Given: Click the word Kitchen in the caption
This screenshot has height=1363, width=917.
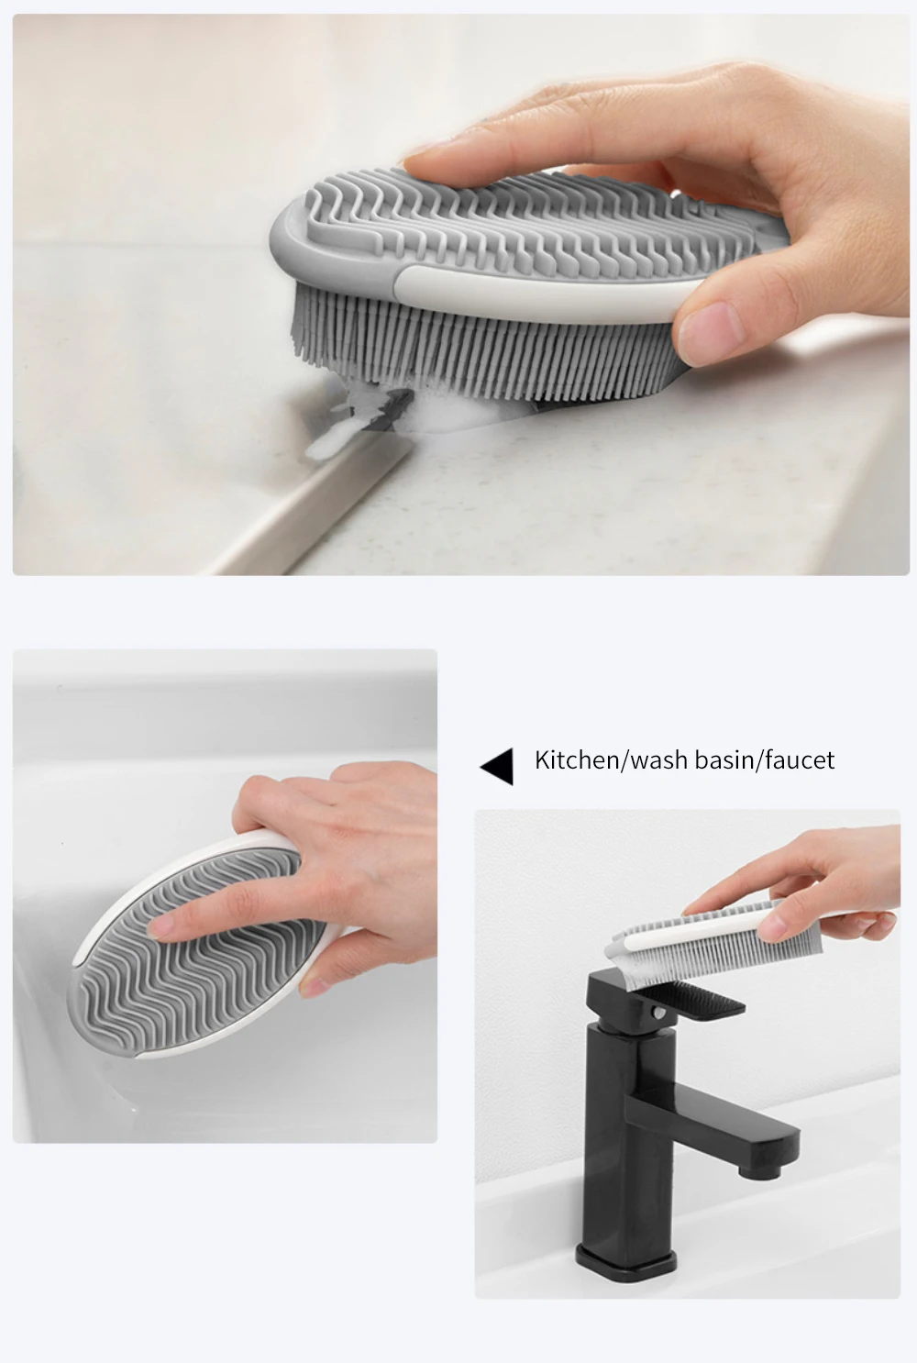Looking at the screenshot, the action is click(x=576, y=759).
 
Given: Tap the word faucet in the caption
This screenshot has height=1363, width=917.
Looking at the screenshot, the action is click(x=800, y=760).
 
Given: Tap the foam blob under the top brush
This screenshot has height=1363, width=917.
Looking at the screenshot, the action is click(x=366, y=420).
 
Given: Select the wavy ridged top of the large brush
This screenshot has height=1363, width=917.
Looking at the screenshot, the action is click(x=536, y=225).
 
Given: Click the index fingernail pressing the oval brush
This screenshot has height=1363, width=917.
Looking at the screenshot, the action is click(x=160, y=928).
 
